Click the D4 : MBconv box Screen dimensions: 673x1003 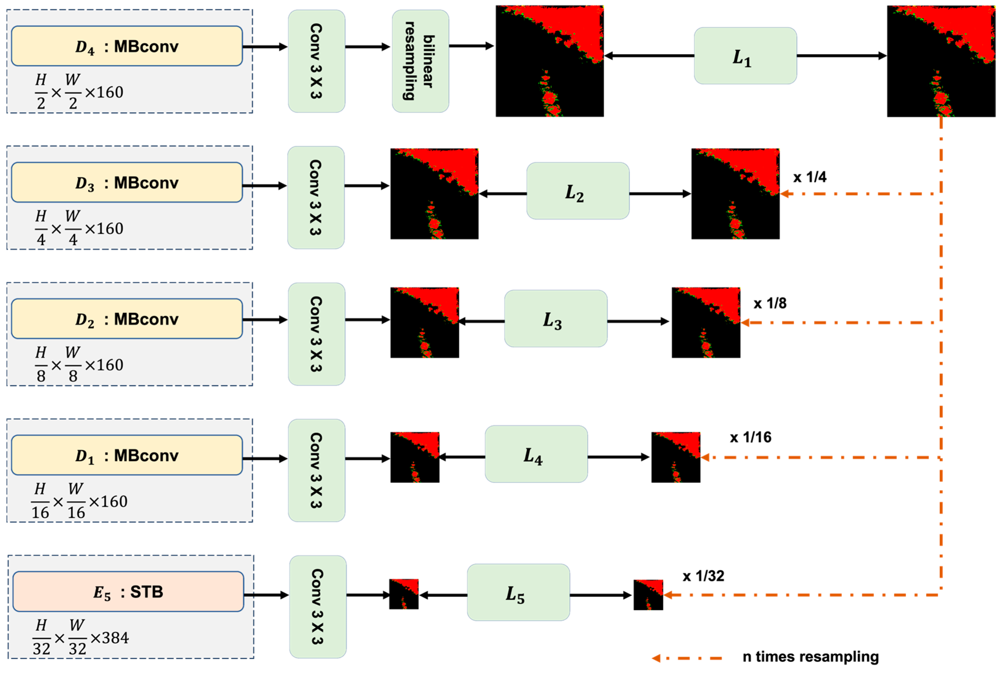127,46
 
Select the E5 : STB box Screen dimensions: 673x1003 128,591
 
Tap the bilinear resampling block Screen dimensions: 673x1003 420,61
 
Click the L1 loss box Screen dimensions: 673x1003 745,56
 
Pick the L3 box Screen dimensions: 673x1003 555,318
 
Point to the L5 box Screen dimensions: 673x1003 518,592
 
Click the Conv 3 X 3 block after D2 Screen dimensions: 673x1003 316,334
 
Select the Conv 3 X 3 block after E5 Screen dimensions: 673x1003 317,607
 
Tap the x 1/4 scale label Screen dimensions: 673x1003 809,177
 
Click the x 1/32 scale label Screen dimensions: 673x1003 703,575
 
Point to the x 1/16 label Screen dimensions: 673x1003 750,437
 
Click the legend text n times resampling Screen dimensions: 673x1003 810,657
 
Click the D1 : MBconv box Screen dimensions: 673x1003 127,455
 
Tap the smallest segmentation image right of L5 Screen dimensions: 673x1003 648,595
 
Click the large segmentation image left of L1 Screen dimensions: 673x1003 549,61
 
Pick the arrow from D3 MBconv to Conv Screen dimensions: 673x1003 264,186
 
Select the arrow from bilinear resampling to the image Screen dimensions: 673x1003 471,46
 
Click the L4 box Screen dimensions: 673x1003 536,454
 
